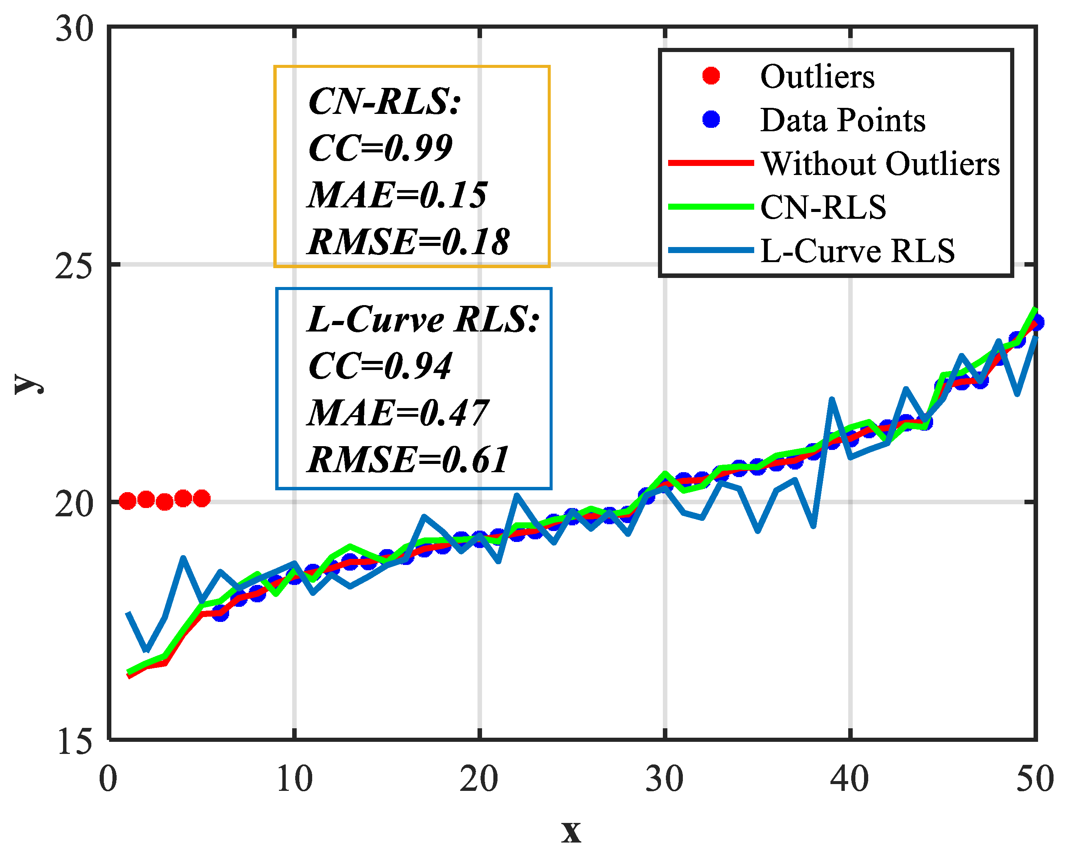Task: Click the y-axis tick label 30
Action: point(74,29)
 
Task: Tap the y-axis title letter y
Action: point(27,383)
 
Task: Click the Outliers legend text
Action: point(817,77)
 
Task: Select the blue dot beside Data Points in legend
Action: point(711,119)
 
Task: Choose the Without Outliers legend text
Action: point(881,164)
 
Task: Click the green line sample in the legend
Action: point(711,207)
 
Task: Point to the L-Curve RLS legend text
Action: point(857,250)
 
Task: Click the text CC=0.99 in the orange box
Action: point(380,147)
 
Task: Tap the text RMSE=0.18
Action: point(408,242)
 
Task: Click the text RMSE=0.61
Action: point(408,460)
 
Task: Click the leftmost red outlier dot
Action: point(128,501)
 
